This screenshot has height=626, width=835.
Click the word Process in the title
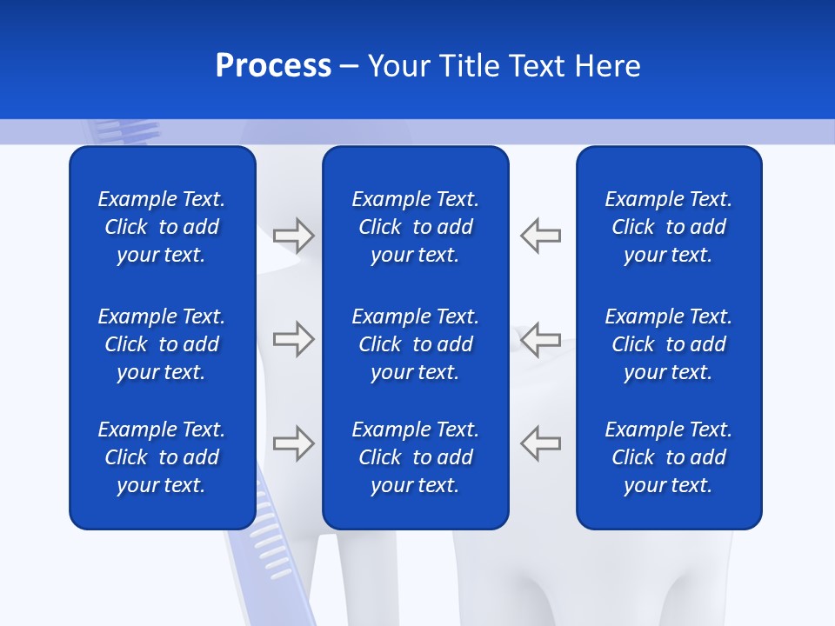pyautogui.click(x=273, y=66)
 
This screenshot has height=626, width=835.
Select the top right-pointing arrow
pyautogui.click(x=294, y=235)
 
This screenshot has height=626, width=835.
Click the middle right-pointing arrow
pyautogui.click(x=294, y=338)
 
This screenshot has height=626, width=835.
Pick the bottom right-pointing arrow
pyautogui.click(x=294, y=443)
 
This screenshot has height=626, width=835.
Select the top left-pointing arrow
pyautogui.click(x=540, y=235)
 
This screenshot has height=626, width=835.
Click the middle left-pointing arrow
pyautogui.click(x=540, y=338)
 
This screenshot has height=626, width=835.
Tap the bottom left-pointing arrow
pyautogui.click(x=540, y=443)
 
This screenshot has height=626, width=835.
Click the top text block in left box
pyautogui.click(x=162, y=227)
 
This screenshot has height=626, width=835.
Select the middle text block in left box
pyautogui.click(x=162, y=344)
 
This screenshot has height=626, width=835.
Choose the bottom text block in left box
pyautogui.click(x=162, y=457)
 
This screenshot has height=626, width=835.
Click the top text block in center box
pyautogui.click(x=416, y=227)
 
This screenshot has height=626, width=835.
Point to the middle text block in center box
pyautogui.click(x=416, y=344)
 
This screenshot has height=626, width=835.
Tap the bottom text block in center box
pyautogui.click(x=416, y=457)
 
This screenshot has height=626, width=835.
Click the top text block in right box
pyautogui.click(x=669, y=227)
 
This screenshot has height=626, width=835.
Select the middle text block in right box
pyautogui.click(x=669, y=344)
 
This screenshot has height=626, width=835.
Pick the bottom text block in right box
pyautogui.click(x=669, y=457)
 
